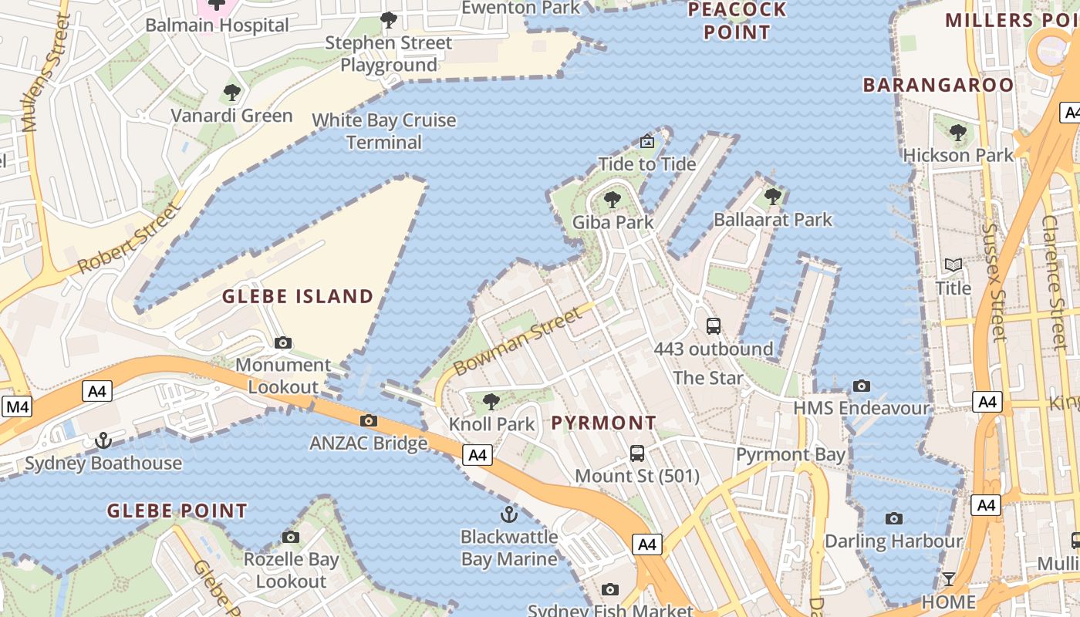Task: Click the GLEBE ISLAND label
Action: click(x=298, y=296)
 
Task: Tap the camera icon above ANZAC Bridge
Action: click(x=369, y=420)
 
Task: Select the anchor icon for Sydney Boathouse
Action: click(x=103, y=440)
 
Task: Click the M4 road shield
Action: click(x=17, y=406)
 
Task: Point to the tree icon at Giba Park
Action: click(x=613, y=201)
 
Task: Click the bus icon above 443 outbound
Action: click(x=714, y=326)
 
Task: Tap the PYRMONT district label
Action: click(x=604, y=423)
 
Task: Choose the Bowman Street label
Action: click(x=517, y=342)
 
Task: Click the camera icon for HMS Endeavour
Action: click(x=862, y=386)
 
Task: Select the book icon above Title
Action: click(x=953, y=266)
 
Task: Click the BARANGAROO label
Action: click(x=938, y=85)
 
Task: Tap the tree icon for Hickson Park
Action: click(x=958, y=133)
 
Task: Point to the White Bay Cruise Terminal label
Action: click(x=384, y=131)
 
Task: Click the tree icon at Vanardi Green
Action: click(x=231, y=93)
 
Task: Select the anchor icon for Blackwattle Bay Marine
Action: click(x=508, y=514)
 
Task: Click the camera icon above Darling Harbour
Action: click(x=894, y=518)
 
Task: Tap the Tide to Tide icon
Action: click(x=647, y=142)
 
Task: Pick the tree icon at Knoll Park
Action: click(x=491, y=402)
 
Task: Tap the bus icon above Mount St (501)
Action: click(x=637, y=453)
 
